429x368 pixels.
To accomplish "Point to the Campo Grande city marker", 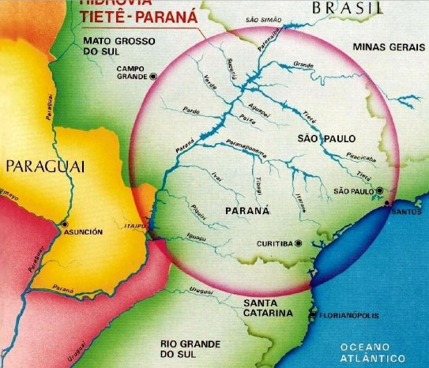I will pyautogui.click(x=152, y=76).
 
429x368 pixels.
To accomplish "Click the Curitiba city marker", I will pyautogui.click(x=299, y=243).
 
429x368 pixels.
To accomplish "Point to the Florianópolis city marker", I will pyautogui.click(x=314, y=316).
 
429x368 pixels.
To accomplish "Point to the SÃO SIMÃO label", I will pyautogui.click(x=264, y=18).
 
